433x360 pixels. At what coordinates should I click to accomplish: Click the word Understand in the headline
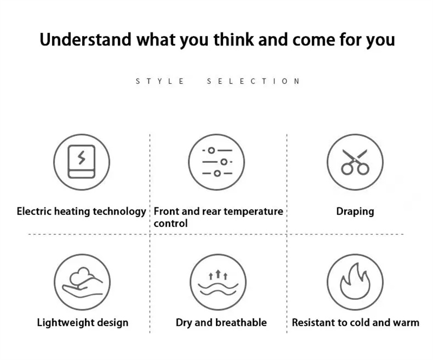(86, 40)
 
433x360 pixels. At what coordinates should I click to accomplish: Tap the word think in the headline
(233, 39)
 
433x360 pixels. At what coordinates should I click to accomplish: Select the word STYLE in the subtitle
(160, 81)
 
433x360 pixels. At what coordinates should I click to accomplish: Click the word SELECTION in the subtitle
(253, 81)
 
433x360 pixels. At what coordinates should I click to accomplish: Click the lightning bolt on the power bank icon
(81, 158)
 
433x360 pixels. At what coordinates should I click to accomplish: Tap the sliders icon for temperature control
(217, 162)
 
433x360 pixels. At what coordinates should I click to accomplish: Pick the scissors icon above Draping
(355, 162)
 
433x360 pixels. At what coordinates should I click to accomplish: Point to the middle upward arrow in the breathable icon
(218, 273)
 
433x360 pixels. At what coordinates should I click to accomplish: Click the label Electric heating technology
(81, 211)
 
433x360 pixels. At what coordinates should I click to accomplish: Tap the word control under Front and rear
(170, 223)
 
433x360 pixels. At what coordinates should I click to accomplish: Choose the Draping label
(355, 212)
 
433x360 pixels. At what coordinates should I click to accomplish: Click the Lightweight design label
(83, 323)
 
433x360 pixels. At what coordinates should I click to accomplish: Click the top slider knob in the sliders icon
(211, 150)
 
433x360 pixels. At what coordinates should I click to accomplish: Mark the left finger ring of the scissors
(347, 169)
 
